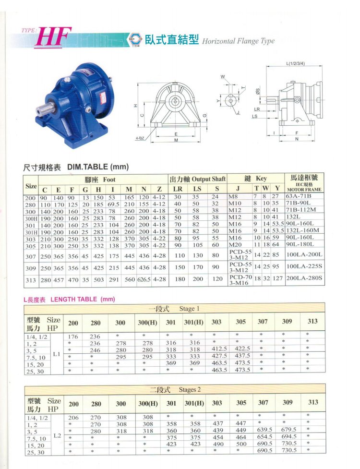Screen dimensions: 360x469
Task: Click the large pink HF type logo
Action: (x=53, y=37)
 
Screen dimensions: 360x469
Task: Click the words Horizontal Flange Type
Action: (x=238, y=41)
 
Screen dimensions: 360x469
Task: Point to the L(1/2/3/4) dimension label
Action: (x=295, y=63)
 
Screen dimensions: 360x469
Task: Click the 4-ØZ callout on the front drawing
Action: (x=140, y=138)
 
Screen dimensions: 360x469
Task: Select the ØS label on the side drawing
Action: (x=257, y=91)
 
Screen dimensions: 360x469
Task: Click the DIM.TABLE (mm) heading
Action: (x=98, y=167)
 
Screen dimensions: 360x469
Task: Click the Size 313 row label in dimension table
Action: (x=31, y=280)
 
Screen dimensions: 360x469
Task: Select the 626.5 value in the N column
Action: (x=144, y=280)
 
